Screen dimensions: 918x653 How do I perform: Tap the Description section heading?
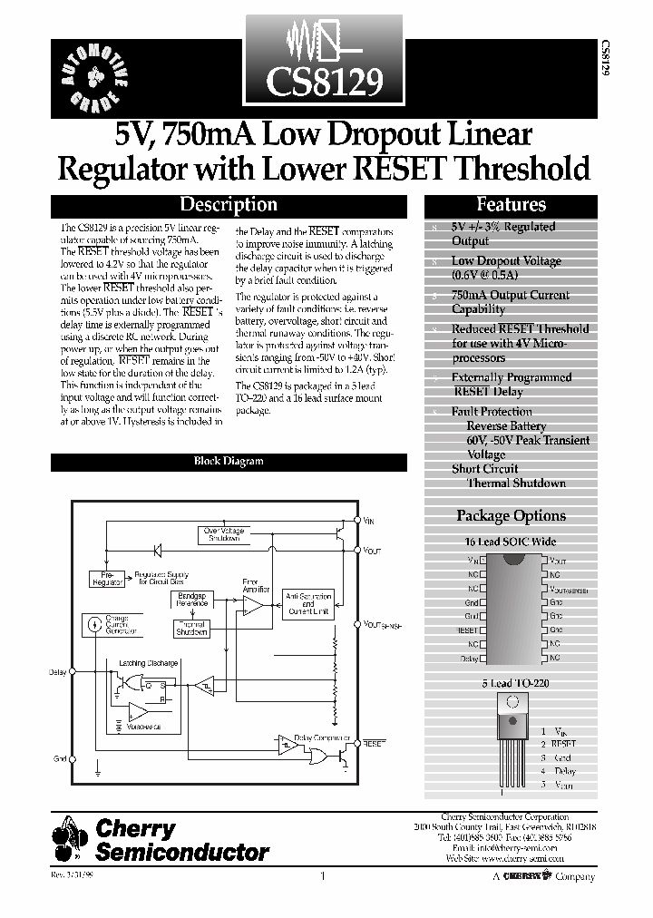point(228,205)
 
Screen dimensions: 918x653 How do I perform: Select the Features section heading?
point(511,205)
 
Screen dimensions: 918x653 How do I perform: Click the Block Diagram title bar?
point(229,461)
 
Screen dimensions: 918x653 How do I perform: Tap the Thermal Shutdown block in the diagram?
point(192,628)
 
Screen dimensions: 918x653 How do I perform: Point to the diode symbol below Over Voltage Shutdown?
point(157,550)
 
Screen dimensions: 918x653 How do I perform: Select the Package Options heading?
point(511,515)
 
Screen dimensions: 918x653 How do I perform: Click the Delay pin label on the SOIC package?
point(468,658)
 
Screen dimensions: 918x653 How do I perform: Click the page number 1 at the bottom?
point(322,877)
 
